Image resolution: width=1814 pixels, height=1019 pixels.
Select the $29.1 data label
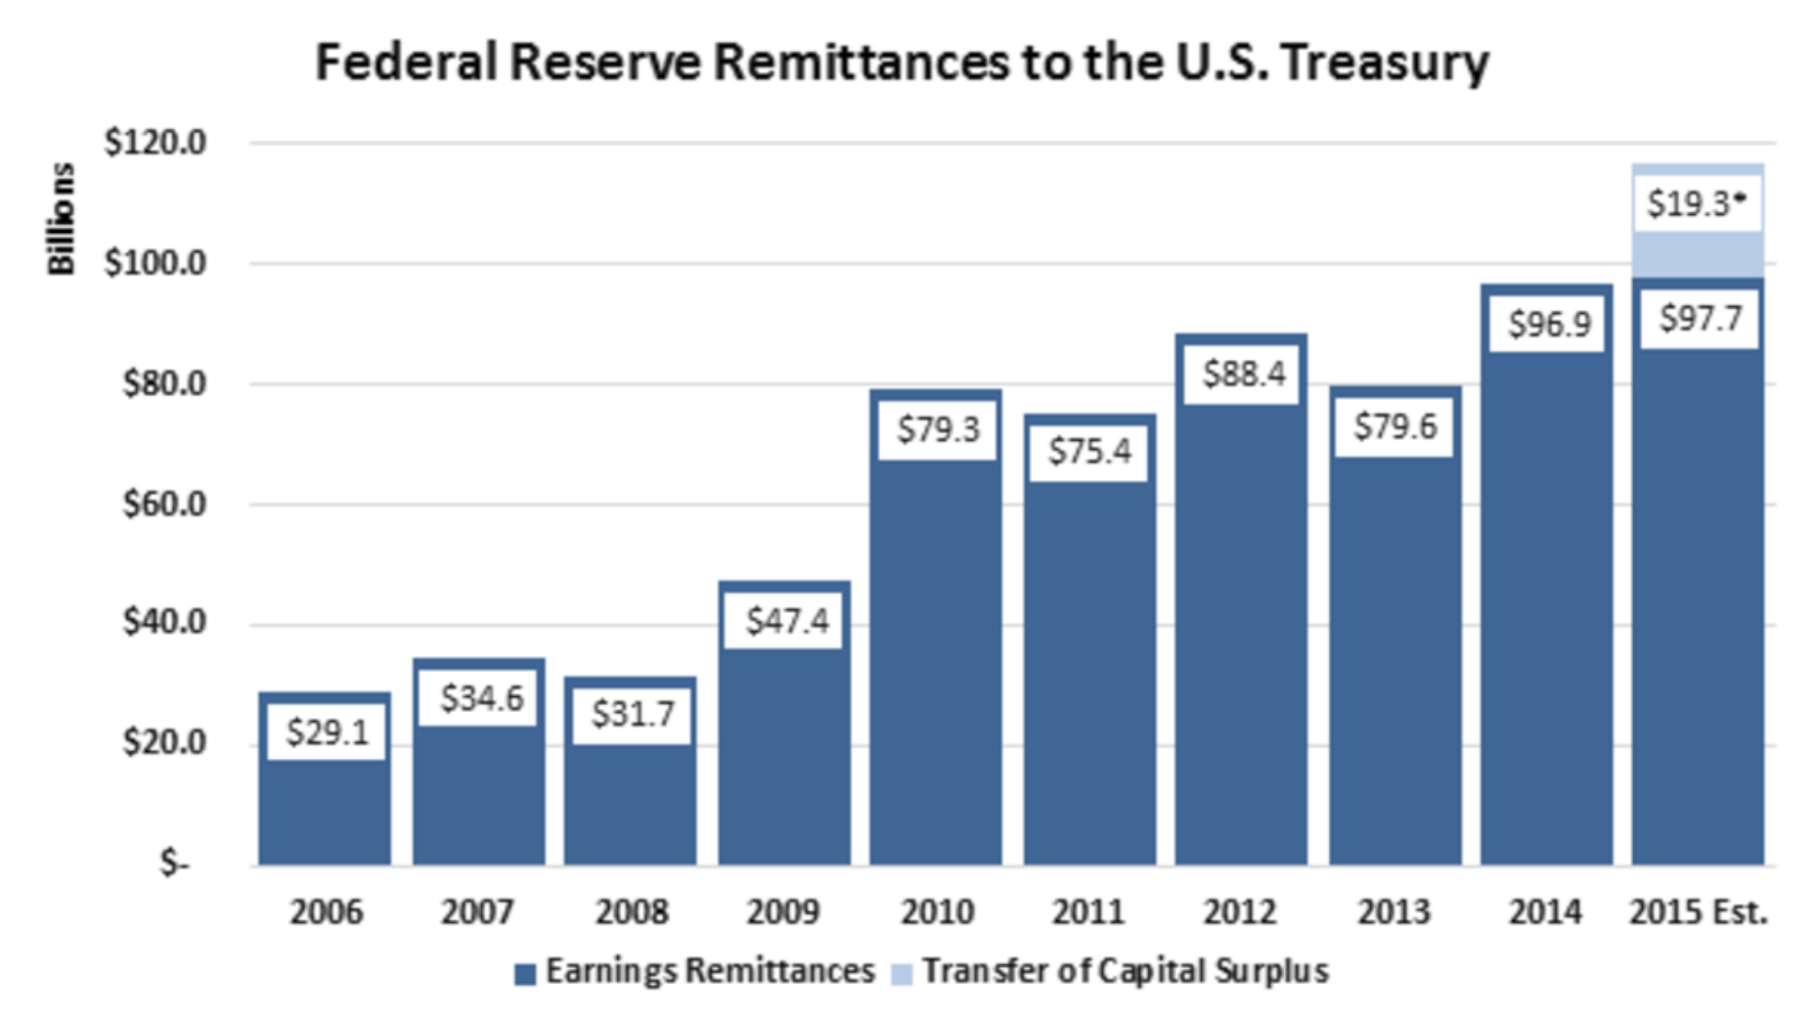pos(328,731)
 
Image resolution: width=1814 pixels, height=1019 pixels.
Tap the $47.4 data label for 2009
pos(787,620)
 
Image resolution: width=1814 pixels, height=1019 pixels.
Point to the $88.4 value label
pos(1244,373)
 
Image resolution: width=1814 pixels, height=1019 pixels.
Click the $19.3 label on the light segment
pos(1696,203)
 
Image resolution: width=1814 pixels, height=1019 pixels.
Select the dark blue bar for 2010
pos(936,665)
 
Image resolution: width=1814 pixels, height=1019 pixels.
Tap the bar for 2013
pos(1394,665)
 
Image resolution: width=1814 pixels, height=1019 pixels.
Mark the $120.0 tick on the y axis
pos(155,143)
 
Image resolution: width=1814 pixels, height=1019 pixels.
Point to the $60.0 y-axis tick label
pos(164,505)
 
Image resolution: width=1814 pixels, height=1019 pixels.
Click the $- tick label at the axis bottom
pos(175,864)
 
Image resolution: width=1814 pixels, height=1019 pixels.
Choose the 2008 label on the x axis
pos(631,911)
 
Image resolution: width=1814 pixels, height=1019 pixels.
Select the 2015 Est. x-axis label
pos(1699,911)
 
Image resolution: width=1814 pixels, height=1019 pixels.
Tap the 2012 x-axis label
pos(1240,911)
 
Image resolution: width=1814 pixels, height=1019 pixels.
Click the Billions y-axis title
pos(61,219)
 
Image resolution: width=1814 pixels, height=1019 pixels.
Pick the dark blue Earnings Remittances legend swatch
pos(525,974)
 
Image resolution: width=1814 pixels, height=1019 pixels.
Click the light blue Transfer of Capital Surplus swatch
pos(902,974)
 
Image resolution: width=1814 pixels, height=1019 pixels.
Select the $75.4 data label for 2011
pos(1089,451)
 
